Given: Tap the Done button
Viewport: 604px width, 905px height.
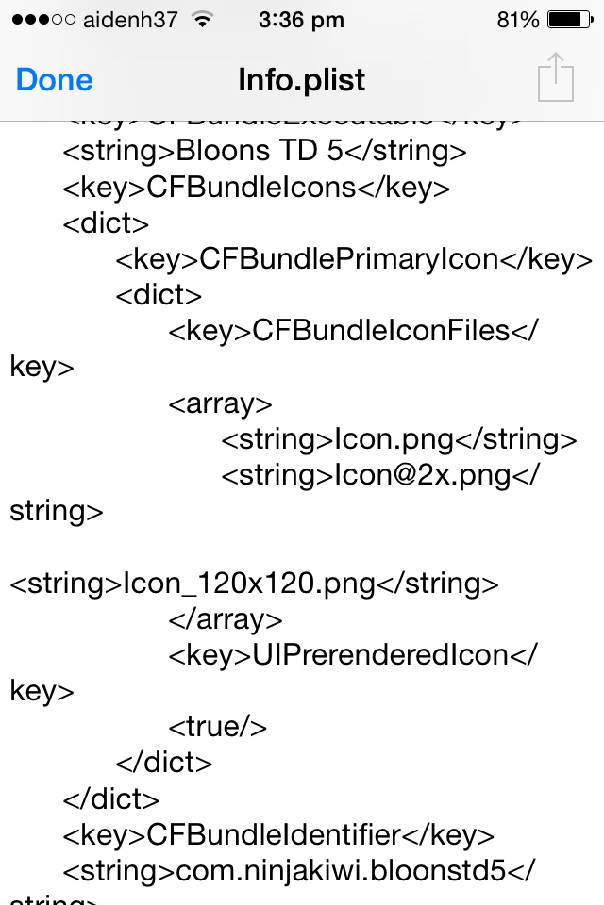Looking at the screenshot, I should click(x=54, y=79).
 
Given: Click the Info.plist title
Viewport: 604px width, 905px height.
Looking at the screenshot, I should click(x=301, y=79).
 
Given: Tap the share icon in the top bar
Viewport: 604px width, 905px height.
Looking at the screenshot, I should click(x=556, y=77).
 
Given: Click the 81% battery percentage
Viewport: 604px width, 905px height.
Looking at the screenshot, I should click(x=518, y=19).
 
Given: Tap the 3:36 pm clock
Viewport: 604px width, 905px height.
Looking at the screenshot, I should click(x=302, y=19).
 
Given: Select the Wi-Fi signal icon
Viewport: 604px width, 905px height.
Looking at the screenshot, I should click(x=201, y=19).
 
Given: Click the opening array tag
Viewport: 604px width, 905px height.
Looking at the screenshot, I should click(x=221, y=403).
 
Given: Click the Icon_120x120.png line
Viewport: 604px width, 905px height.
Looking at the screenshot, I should click(x=253, y=584).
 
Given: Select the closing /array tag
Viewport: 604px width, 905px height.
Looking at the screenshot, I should click(x=226, y=619).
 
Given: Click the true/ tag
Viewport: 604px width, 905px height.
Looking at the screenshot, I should click(x=218, y=726).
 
